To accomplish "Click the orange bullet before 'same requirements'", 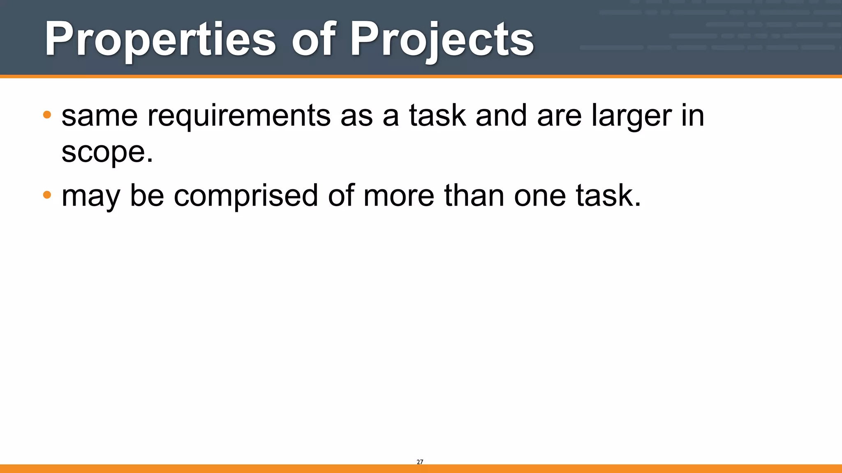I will (47, 115).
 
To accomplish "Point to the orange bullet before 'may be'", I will (47, 195).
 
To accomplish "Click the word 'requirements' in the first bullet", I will (239, 116).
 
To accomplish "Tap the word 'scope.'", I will (107, 152).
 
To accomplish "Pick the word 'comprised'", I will (246, 196).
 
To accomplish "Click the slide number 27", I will (420, 462).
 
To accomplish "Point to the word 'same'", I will (99, 116).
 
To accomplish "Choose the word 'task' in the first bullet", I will (437, 116).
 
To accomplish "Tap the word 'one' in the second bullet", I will (539, 196).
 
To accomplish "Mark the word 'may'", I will (91, 196).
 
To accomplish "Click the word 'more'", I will (398, 196).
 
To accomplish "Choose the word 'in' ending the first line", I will (693, 116).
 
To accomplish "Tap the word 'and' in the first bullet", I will (501, 116).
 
